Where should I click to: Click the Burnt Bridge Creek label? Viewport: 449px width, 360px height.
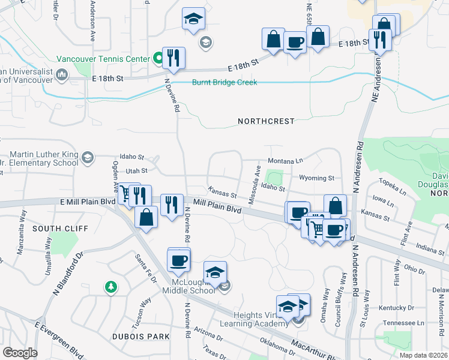pyautogui.click(x=224, y=82)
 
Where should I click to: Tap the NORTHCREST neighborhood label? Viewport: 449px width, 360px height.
pyautogui.click(x=266, y=121)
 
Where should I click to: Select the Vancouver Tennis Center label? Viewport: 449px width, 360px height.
pyautogui.click(x=103, y=59)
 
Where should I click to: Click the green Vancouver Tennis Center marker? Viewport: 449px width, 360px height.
pyautogui.click(x=158, y=59)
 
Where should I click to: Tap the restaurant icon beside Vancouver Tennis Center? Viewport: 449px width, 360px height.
pyautogui.click(x=173, y=58)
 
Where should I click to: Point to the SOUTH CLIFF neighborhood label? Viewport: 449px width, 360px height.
pyautogui.click(x=60, y=229)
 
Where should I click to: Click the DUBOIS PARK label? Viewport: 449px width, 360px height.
pyautogui.click(x=146, y=337)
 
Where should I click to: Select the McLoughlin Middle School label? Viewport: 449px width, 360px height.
pyautogui.click(x=188, y=286)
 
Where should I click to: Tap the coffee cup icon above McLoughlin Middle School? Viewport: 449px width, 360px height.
pyautogui.click(x=179, y=261)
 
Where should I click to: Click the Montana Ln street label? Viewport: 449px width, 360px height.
pyautogui.click(x=285, y=161)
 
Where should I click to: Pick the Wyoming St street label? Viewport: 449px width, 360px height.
pyautogui.click(x=316, y=178)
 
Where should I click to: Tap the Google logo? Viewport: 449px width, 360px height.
pyautogui.click(x=20, y=353)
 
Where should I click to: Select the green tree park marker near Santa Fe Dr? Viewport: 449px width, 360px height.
pyautogui.click(x=110, y=287)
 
